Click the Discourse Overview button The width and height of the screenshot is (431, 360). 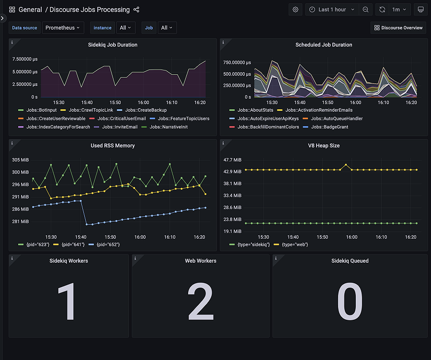click(398, 28)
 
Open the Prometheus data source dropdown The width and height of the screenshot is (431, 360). click(63, 28)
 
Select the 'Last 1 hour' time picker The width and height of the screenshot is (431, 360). click(332, 10)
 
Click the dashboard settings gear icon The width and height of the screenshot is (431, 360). click(295, 10)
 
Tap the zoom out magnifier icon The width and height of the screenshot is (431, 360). click(365, 10)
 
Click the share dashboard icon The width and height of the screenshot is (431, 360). click(136, 10)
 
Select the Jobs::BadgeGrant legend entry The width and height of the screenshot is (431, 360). click(329, 127)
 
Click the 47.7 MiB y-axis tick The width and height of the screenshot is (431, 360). click(233, 160)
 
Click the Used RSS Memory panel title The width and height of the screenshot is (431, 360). click(113, 145)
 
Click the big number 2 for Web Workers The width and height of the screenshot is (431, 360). click(201, 302)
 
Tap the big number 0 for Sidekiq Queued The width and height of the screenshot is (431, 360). click(350, 302)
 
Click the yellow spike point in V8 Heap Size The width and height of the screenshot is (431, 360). click(346, 165)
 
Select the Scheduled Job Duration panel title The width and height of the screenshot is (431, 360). click(324, 45)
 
